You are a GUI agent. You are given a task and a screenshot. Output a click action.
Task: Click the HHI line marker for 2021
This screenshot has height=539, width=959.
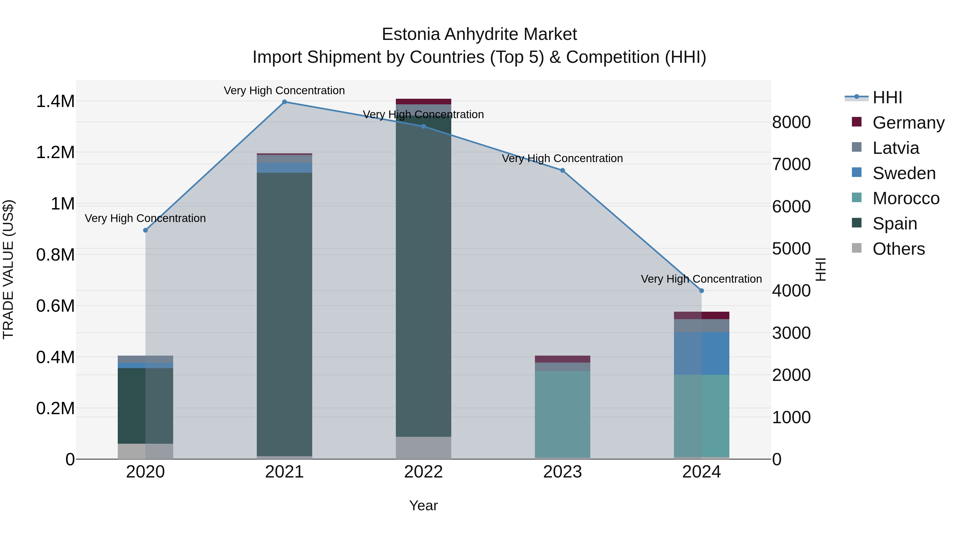coord(285,102)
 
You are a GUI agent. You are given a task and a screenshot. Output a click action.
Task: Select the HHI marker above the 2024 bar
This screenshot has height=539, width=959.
coord(701,290)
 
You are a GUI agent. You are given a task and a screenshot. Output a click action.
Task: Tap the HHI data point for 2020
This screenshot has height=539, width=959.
coord(145,230)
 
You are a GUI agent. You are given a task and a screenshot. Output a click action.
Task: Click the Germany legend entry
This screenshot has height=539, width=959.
coord(908,123)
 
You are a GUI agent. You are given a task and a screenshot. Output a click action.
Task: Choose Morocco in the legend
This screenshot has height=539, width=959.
coord(905,198)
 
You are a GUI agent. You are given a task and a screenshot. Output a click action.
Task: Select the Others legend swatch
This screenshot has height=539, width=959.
coord(857,248)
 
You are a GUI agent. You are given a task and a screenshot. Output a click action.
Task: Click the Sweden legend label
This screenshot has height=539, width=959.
coord(904,173)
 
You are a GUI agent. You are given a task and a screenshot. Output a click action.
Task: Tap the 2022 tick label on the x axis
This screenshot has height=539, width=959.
coord(423,472)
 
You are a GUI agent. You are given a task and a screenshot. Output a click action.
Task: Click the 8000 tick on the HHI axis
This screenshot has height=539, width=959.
coord(791,122)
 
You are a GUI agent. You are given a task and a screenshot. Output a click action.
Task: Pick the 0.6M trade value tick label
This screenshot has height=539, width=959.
coord(55,306)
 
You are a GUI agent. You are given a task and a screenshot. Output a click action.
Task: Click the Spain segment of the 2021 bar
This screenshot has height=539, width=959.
coord(285,312)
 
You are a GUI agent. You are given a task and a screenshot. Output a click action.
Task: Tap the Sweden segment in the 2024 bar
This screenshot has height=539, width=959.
coord(701,353)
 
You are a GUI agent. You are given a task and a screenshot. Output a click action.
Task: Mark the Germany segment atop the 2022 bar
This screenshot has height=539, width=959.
coord(423,102)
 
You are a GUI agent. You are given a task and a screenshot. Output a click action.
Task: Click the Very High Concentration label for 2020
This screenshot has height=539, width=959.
coord(145,218)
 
